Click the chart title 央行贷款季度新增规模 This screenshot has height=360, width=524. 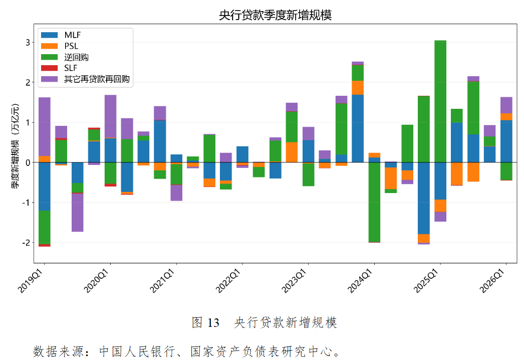tap(275, 16)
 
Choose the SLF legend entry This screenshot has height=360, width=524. tap(71, 68)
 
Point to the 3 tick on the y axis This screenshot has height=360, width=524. tap(28, 43)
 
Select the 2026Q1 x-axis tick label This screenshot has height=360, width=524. tap(492, 281)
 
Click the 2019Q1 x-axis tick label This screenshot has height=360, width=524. tap(31, 281)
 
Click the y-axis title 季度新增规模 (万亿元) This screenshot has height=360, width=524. tap(16, 145)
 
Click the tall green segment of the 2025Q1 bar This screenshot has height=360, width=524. tap(440, 100)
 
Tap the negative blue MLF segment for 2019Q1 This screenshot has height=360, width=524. tap(45, 186)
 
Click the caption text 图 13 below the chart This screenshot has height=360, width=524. tap(206, 322)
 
